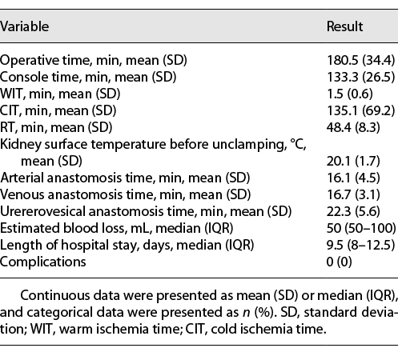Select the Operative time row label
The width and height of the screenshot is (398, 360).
tap(84, 61)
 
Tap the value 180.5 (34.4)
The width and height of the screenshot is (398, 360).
tap(359, 61)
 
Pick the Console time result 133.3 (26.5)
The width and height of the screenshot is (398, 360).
tap(359, 76)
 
